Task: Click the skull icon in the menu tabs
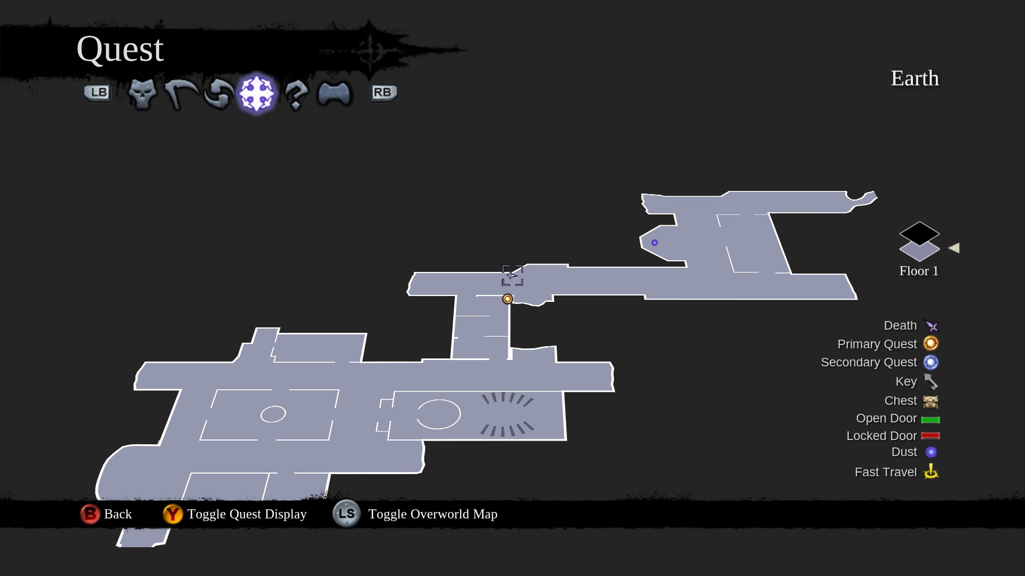coord(142,94)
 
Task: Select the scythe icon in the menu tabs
coord(180,94)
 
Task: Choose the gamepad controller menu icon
coord(334,94)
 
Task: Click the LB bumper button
coord(97,93)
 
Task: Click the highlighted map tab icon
coord(257,94)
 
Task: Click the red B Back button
coord(90,514)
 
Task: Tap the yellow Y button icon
coord(172,514)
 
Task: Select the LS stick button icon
coord(346,514)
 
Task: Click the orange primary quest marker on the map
coord(508,299)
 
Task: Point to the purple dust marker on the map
coord(655,243)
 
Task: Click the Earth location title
coord(914,78)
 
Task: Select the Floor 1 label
coord(919,271)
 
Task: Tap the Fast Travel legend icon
coord(931,471)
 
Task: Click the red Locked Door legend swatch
coord(931,436)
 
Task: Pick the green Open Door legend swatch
coord(931,420)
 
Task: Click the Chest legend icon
coord(931,401)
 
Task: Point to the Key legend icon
coord(931,382)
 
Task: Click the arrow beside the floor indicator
coord(954,248)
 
